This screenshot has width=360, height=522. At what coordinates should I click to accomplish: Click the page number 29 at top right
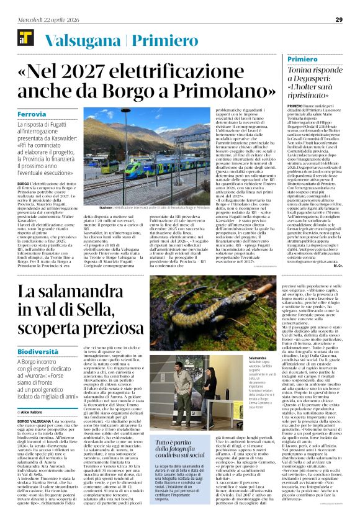(x=339, y=19)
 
